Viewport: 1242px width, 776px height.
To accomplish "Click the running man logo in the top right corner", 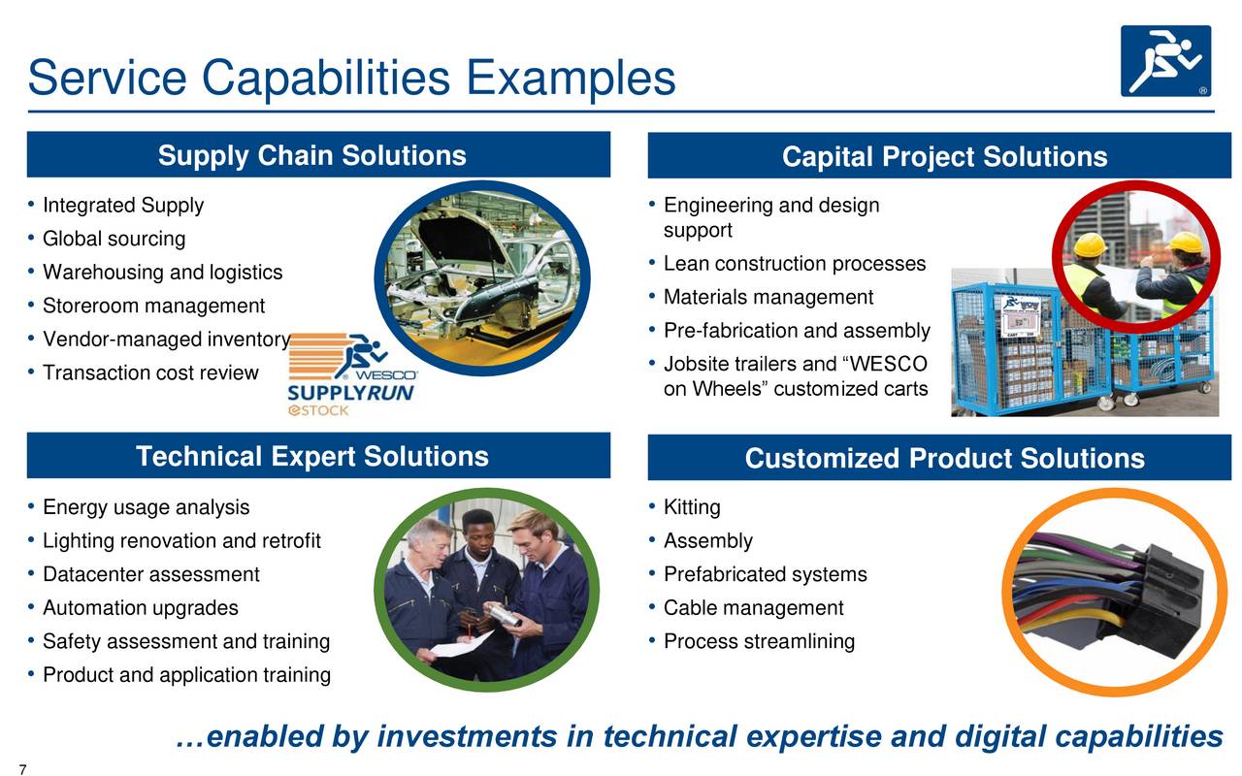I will [1165, 60].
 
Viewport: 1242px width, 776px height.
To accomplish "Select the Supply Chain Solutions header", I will [311, 156].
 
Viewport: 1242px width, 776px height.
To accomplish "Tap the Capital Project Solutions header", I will [943, 157].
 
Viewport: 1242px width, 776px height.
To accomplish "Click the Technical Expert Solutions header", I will [311, 457].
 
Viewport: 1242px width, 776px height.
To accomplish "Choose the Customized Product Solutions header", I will [943, 459].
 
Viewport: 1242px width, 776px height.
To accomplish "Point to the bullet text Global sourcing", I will [114, 239].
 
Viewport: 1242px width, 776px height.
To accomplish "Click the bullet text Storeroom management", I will [153, 307].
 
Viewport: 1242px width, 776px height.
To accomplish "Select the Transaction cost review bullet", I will [150, 373].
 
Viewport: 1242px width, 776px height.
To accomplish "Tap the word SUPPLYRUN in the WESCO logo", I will [350, 393].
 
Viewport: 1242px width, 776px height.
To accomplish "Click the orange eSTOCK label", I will [318, 411].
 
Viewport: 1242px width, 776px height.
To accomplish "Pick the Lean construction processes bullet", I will [794, 264].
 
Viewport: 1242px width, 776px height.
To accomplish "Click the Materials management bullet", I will [768, 297].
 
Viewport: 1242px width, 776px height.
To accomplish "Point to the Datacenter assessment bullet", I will [150, 574].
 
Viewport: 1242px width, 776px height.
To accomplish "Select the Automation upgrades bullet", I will [140, 608].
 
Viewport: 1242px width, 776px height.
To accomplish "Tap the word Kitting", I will [692, 507].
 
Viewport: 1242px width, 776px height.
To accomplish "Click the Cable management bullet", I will [753, 608].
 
